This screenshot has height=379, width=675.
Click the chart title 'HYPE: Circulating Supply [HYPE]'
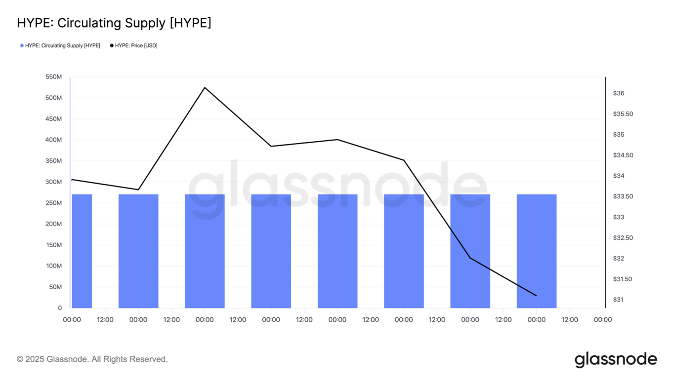click(x=114, y=23)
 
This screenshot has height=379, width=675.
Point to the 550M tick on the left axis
click(x=53, y=77)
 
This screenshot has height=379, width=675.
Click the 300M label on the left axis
click(x=53, y=182)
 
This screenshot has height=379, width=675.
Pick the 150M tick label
click(x=53, y=245)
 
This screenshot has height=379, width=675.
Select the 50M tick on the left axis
click(x=55, y=287)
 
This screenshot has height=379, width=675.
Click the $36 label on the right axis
click(x=619, y=93)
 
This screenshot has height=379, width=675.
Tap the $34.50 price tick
click(x=623, y=155)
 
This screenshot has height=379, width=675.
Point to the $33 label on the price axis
click(x=619, y=217)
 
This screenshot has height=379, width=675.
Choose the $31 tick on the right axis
click(x=619, y=300)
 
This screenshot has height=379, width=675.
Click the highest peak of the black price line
click(x=205, y=87)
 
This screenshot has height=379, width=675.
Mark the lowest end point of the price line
click(x=536, y=296)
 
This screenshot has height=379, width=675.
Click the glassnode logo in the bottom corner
click(x=616, y=360)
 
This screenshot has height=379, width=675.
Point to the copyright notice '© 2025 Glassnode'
click(x=92, y=359)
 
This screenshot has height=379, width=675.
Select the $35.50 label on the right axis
click(x=623, y=114)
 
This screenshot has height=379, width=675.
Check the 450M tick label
click(x=53, y=119)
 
